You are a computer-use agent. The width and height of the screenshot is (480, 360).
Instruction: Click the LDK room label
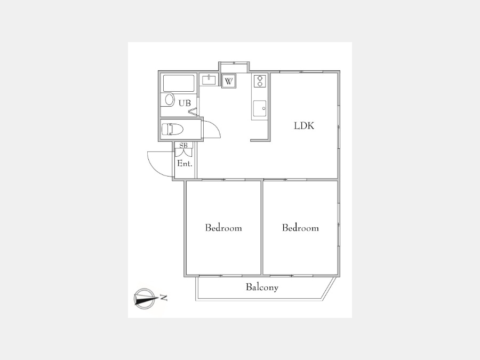click(304, 126)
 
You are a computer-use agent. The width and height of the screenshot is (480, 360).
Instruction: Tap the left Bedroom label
click(223, 228)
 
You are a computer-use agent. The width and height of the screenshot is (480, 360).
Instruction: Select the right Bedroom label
click(300, 228)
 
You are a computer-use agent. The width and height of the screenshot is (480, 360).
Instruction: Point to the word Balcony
click(262, 287)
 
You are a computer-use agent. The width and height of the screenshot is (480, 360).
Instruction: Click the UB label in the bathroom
click(185, 103)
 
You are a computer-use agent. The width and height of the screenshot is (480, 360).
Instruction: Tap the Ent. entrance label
click(185, 164)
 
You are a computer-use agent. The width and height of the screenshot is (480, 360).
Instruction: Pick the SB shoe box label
click(183, 145)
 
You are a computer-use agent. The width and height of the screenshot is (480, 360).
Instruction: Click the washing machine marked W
click(229, 82)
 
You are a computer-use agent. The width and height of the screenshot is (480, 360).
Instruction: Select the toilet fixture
click(173, 129)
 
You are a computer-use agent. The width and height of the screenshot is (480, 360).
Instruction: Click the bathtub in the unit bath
click(179, 83)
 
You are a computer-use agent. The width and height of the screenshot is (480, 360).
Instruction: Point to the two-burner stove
click(260, 81)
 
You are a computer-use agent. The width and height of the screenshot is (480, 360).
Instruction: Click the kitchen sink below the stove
click(260, 108)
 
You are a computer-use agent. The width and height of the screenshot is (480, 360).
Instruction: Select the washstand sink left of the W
click(208, 81)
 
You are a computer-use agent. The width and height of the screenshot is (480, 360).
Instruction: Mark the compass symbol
click(144, 298)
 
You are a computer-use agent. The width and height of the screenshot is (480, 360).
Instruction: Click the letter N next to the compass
click(164, 298)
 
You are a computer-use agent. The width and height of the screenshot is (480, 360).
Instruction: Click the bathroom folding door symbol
click(193, 111)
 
